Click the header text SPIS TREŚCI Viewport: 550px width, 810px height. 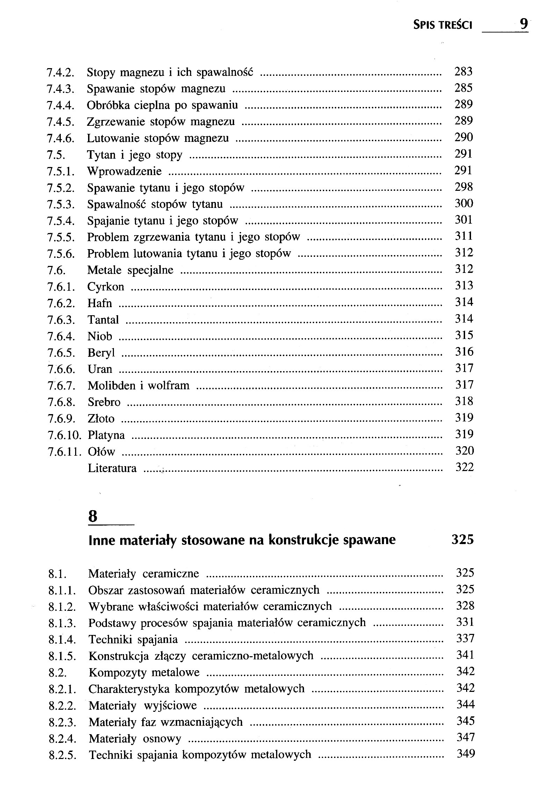coord(442,25)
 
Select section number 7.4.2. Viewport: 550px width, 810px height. coord(61,73)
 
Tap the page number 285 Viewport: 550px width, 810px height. coord(464,88)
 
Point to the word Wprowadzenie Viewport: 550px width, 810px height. coord(124,171)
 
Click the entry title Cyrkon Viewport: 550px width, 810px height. coord(106,287)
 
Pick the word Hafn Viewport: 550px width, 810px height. coord(100,303)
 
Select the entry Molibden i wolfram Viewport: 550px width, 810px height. coord(138,385)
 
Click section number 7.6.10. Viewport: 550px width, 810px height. coord(65,435)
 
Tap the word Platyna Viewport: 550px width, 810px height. coord(106,435)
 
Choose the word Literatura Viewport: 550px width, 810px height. coord(112,468)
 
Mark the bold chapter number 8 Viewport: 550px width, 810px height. coord(93,516)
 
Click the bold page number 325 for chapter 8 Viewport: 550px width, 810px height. coord(463,540)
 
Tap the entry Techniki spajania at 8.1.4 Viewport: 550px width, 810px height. coord(133,640)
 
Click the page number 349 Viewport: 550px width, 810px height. coord(466,754)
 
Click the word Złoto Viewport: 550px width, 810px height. coord(101,419)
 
